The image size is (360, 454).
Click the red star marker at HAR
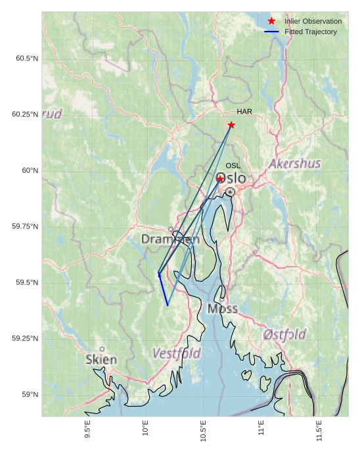pyautogui.click(x=231, y=125)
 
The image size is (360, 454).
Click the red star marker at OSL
pyautogui.click(x=220, y=178)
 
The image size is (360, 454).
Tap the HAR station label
pyautogui.click(x=244, y=112)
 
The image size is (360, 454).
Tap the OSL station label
pyautogui.click(x=233, y=166)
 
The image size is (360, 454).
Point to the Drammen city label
pyautogui.click(x=170, y=240)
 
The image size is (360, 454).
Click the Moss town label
pyautogui.click(x=222, y=309)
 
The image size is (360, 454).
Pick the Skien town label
pyautogui.click(x=101, y=360)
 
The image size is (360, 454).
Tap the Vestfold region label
pyautogui.click(x=177, y=353)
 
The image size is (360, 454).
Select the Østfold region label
pyautogui.click(x=284, y=334)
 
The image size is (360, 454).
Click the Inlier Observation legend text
pyautogui.click(x=313, y=22)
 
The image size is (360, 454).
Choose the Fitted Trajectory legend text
pyautogui.click(x=311, y=32)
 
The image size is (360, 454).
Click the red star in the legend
pyautogui.click(x=271, y=22)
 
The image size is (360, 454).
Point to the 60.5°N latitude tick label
pyautogui.click(x=27, y=59)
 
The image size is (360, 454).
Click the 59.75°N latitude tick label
pyautogui.click(x=25, y=227)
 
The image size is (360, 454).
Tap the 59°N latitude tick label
pyautogui.click(x=30, y=395)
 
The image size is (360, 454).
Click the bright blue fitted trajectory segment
pyautogui.click(x=163, y=290)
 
